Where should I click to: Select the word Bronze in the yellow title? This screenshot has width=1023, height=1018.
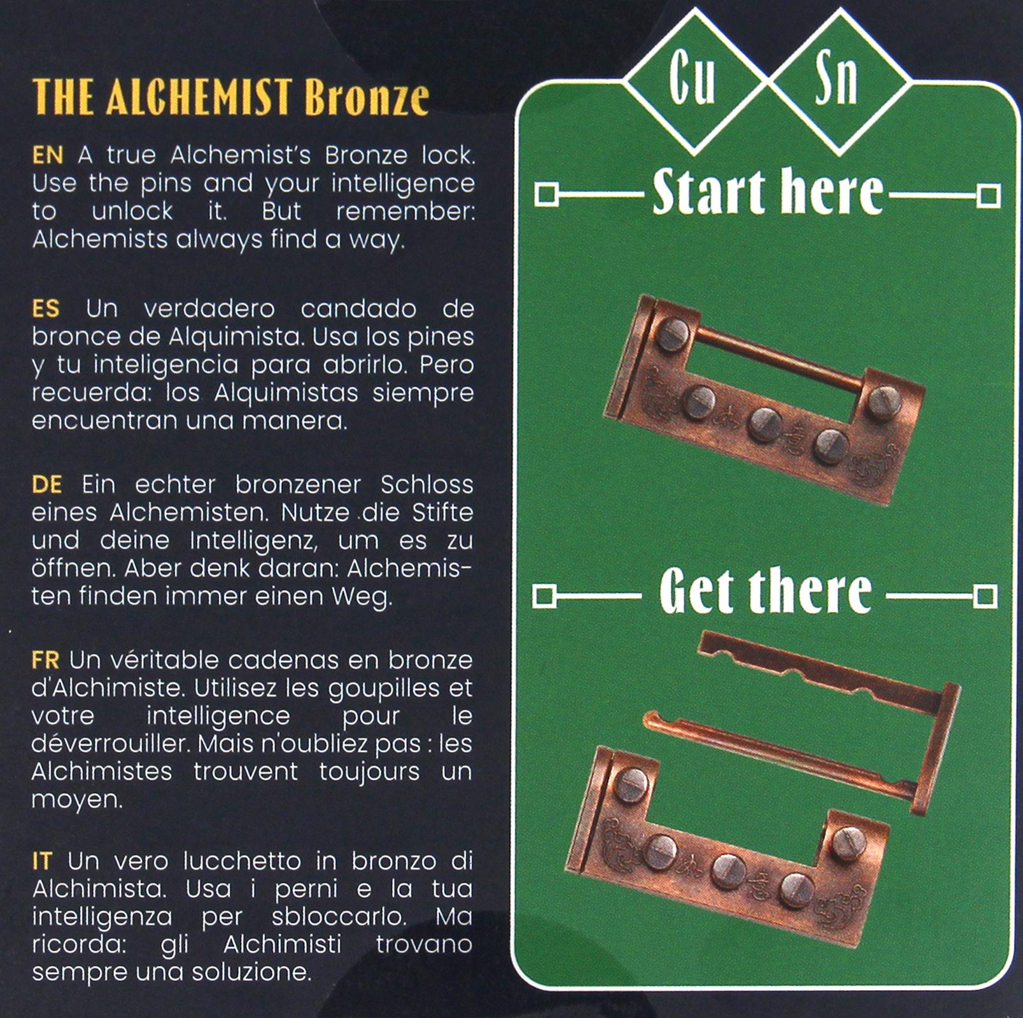[x=367, y=97]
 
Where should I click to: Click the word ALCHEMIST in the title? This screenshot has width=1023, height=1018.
[x=199, y=97]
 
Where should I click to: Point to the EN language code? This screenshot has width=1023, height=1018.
[x=48, y=155]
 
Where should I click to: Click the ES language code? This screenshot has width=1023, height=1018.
[x=46, y=309]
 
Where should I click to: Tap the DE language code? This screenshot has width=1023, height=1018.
[x=46, y=485]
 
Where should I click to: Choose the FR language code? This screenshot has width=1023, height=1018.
[x=45, y=660]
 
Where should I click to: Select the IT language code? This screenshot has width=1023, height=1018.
[x=42, y=861]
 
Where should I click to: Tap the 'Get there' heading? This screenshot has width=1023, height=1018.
[x=765, y=592]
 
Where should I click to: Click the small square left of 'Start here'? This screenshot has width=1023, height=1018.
[x=546, y=195]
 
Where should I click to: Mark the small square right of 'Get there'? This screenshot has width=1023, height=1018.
[x=985, y=597]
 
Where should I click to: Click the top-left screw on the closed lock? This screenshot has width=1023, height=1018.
[x=673, y=335]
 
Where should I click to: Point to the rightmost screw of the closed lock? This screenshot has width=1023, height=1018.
[x=884, y=403]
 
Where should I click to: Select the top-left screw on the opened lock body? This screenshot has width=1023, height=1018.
[x=630, y=784]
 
